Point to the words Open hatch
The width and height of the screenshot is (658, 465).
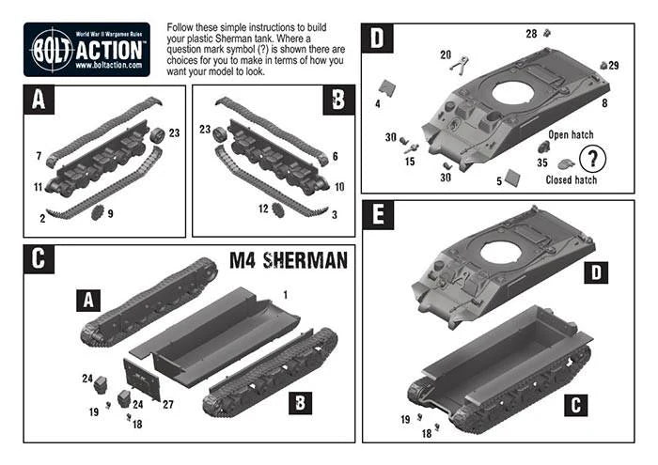[x=572, y=135]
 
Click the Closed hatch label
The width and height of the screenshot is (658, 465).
[x=572, y=179]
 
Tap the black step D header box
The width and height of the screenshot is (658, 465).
[x=379, y=39]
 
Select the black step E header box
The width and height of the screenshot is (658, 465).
[x=379, y=216]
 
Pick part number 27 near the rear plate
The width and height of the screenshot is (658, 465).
[x=168, y=404]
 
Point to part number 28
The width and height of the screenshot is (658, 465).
[x=531, y=34]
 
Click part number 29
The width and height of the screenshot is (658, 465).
[x=614, y=65]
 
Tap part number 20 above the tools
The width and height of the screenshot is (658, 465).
[x=446, y=54]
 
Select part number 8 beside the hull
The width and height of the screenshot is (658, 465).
[x=604, y=101]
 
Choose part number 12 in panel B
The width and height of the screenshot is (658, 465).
[x=264, y=208]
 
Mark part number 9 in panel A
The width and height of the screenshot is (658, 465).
[x=111, y=213]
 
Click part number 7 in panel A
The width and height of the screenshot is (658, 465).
[x=39, y=154]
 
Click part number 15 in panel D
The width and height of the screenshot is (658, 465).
[x=410, y=162]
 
